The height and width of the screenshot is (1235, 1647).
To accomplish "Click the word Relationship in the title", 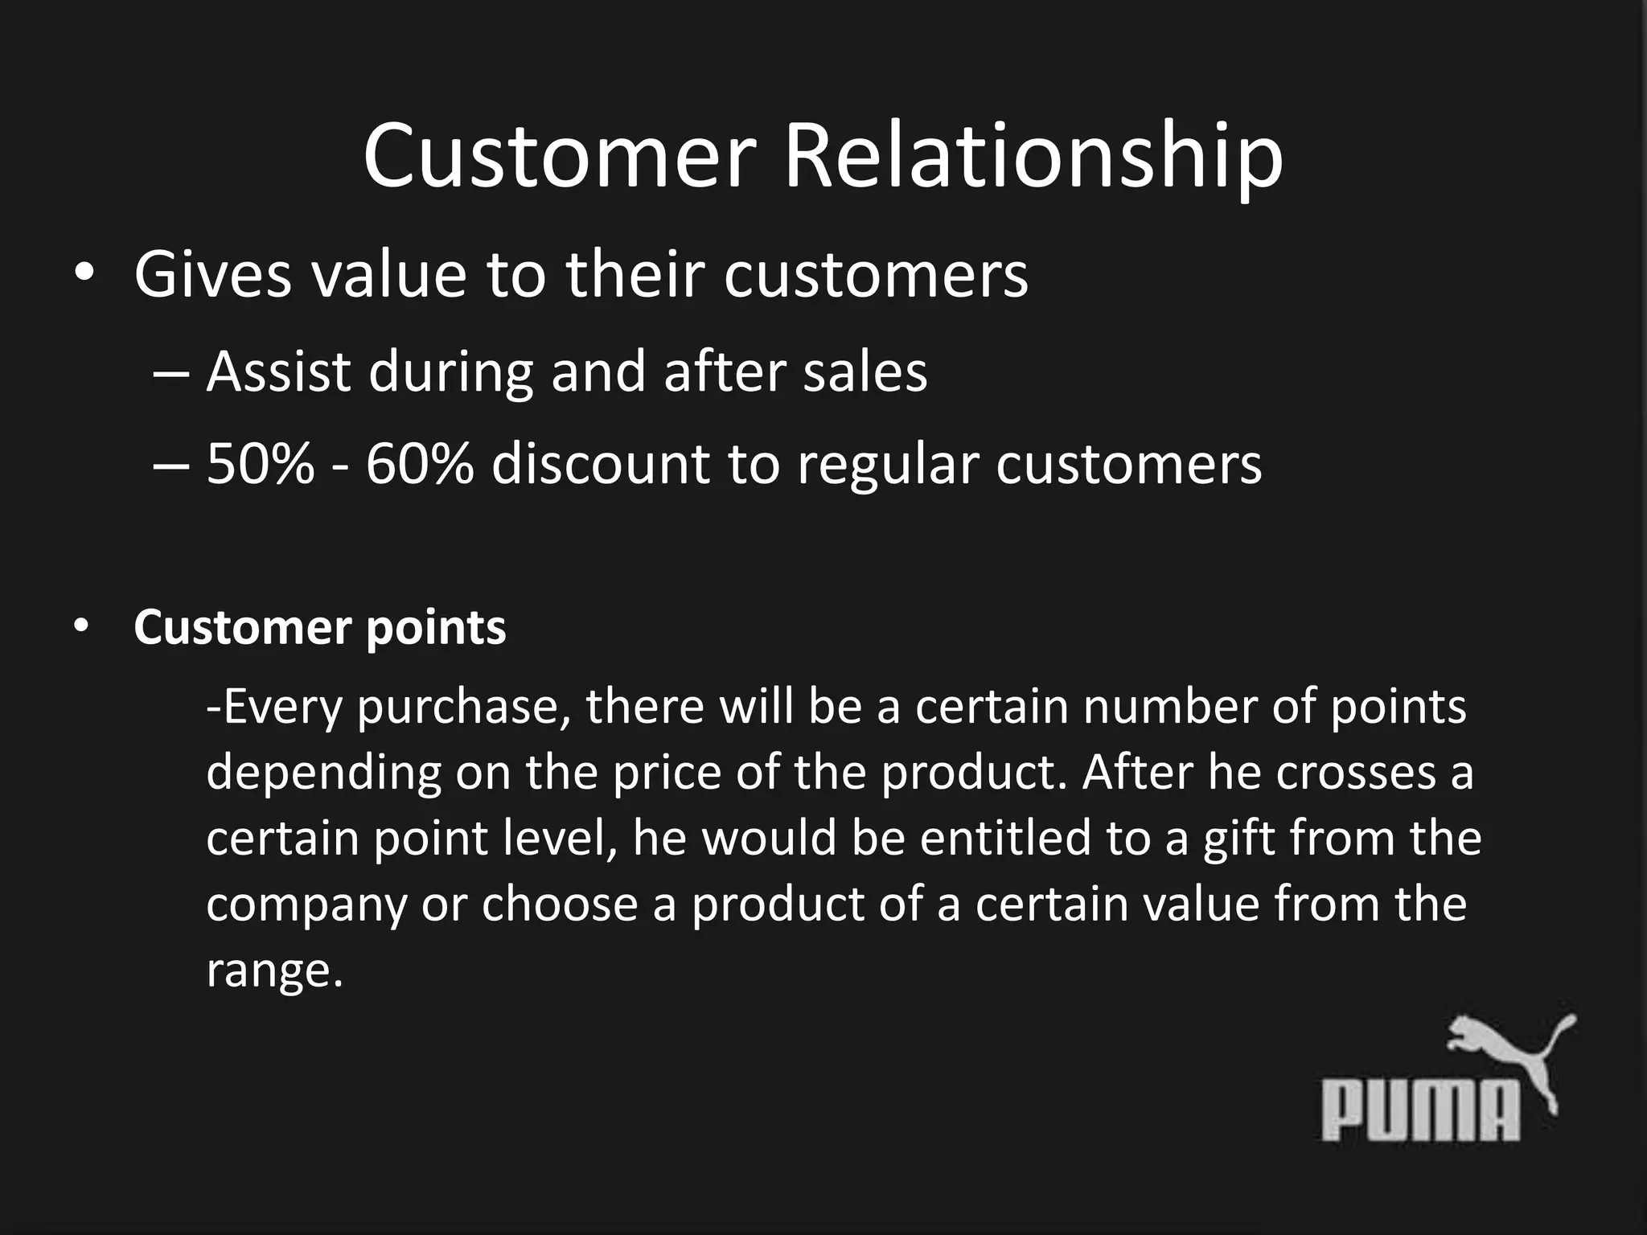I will pyautogui.click(x=1033, y=158).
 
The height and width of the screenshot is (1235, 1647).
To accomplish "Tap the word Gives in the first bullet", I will pyautogui.click(x=212, y=275).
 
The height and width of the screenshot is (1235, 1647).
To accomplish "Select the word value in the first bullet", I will pyautogui.click(x=388, y=275).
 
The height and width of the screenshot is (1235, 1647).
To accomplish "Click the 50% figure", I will pyautogui.click(x=261, y=464).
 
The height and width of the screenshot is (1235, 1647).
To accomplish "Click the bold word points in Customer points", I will pyautogui.click(x=436, y=628).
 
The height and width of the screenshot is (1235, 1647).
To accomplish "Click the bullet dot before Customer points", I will pyautogui.click(x=81, y=626).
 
